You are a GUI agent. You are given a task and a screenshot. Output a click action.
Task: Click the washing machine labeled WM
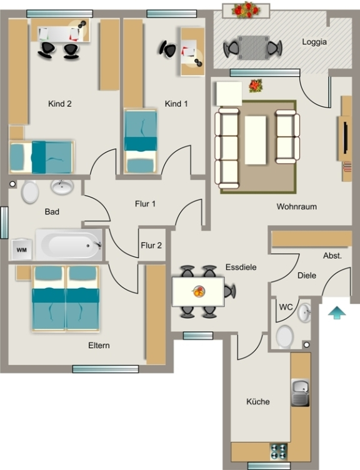[22, 249]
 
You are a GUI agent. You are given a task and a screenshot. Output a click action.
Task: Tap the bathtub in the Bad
[69, 245]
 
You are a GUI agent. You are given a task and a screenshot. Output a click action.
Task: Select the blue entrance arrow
[337, 312]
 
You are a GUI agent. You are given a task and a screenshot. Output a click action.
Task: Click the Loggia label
[314, 42]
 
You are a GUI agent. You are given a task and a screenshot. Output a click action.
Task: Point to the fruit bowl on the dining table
[198, 291]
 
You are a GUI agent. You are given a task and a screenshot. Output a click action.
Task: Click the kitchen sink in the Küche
[300, 392]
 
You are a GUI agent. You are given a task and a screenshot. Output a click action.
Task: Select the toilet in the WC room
[285, 337]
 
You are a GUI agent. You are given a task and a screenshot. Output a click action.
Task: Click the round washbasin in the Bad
[62, 187]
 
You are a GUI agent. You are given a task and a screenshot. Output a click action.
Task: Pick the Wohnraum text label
[296, 206]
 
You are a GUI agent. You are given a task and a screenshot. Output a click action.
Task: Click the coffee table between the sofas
[256, 140]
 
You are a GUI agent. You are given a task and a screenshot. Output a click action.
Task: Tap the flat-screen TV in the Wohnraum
[346, 138]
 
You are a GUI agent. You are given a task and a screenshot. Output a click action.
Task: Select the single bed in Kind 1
[140, 141]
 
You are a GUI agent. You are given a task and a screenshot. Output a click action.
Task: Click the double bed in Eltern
[66, 299]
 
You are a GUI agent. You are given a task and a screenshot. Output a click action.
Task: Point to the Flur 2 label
[151, 246]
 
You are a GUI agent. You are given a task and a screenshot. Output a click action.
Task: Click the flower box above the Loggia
[246, 11]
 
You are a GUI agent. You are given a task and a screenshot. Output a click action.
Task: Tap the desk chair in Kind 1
[169, 49]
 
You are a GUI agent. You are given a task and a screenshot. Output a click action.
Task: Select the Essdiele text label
[241, 267]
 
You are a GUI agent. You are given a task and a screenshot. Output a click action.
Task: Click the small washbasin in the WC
[304, 312]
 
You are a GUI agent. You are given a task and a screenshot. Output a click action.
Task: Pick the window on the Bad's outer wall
[4, 222]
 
